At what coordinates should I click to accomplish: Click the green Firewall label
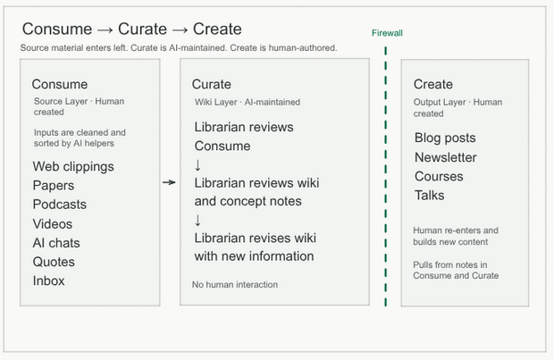click(x=387, y=33)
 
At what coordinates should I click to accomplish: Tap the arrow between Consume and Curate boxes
click(x=169, y=182)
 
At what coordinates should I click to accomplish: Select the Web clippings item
click(x=73, y=166)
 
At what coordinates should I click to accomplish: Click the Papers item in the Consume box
click(x=54, y=186)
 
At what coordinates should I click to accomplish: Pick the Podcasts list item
click(x=59, y=205)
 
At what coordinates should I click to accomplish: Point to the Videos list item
click(x=53, y=223)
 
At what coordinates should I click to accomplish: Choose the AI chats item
click(x=56, y=243)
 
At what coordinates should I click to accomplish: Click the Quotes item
click(x=54, y=262)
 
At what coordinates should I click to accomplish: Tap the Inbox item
click(x=49, y=280)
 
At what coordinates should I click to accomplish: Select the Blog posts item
click(x=445, y=138)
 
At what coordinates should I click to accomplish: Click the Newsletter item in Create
click(x=446, y=157)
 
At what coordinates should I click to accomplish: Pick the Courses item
click(x=439, y=176)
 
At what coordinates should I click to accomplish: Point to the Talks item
click(x=429, y=195)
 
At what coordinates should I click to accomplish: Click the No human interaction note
click(x=235, y=284)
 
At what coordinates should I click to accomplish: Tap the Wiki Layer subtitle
click(x=248, y=102)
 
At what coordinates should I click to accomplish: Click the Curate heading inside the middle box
click(x=211, y=84)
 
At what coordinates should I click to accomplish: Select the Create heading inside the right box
click(x=433, y=84)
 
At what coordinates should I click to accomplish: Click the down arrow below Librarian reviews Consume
click(x=197, y=165)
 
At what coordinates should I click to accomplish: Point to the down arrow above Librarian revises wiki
click(x=197, y=220)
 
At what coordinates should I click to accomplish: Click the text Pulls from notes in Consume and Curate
click(x=456, y=271)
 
